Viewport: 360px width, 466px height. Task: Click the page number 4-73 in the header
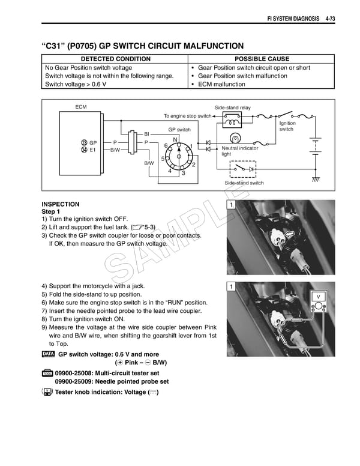330,19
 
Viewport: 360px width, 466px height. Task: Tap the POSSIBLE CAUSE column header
262,59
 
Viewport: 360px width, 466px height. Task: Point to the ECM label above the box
80,106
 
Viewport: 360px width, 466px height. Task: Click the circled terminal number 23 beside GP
83,142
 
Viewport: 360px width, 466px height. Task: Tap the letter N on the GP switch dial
175,139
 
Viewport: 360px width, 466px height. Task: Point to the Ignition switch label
286,126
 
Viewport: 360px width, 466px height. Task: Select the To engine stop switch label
187,116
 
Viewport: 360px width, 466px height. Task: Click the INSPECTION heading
60,204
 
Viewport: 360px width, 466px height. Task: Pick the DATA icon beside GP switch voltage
48,354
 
